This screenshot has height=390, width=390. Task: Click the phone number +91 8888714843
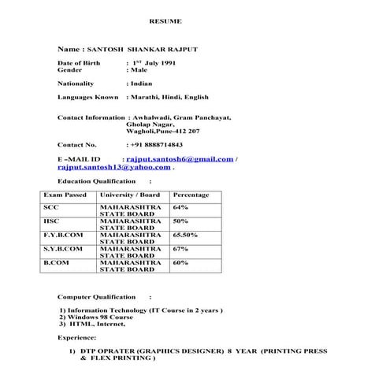157,145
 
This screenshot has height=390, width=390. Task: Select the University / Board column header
130,195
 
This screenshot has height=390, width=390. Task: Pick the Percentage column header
191,195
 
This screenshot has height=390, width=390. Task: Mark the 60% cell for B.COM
180,262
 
